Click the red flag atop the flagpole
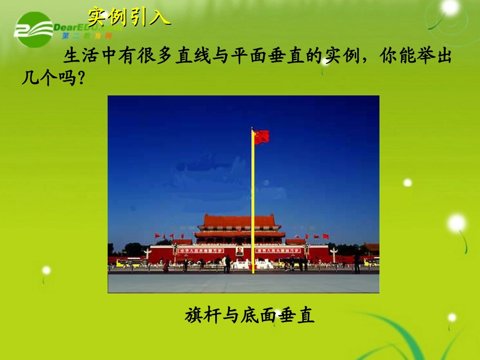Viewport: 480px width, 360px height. (x=261, y=137)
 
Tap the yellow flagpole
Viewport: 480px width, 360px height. (x=253, y=202)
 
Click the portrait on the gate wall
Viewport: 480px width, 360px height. (x=239, y=250)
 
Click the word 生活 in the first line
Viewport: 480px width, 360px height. (x=76, y=57)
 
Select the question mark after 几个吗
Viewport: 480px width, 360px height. (x=78, y=79)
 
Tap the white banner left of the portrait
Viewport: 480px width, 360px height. (x=202, y=250)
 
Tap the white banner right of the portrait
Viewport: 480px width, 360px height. (x=278, y=250)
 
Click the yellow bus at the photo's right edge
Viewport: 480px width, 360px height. (x=371, y=262)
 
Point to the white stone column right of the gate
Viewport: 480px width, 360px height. (x=333, y=254)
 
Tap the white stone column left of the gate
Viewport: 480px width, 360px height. (x=148, y=254)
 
